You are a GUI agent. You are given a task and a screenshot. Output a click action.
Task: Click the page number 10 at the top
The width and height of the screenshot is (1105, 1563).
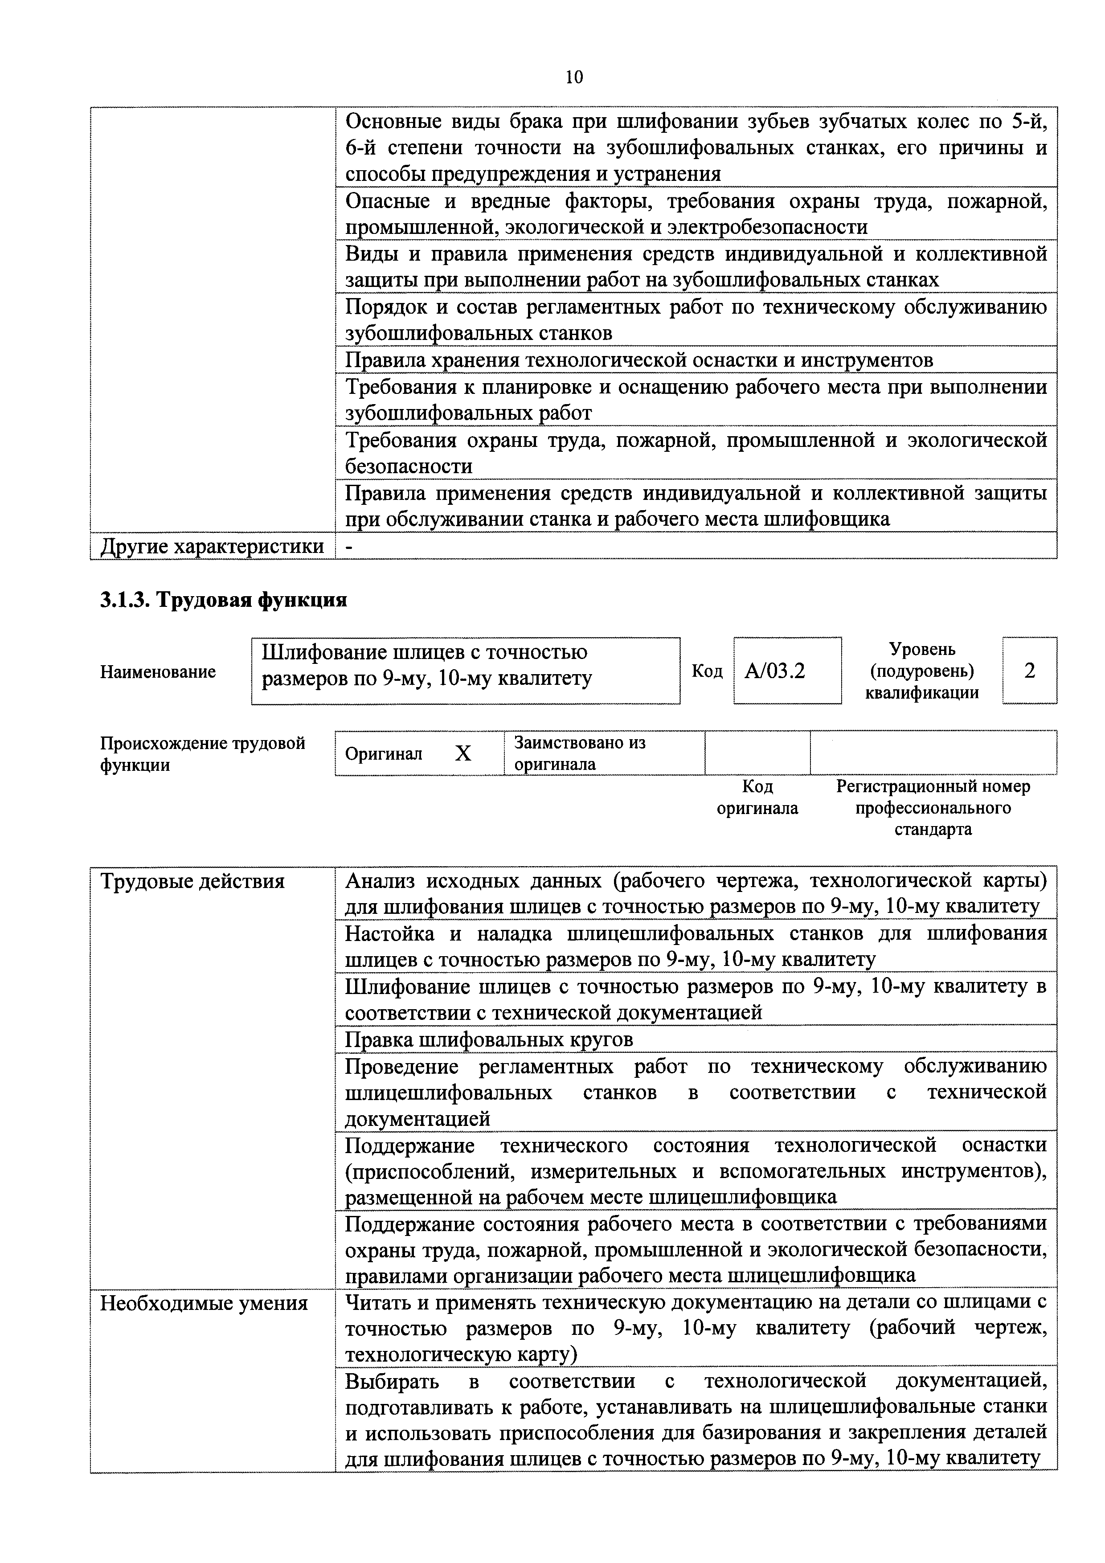tap(574, 78)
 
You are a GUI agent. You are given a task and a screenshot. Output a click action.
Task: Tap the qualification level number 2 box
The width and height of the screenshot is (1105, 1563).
tap(1029, 671)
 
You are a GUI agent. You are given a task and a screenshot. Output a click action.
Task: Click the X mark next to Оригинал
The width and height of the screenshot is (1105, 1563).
tap(463, 753)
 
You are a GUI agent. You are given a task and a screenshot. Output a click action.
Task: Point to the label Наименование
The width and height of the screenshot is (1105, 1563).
tap(158, 672)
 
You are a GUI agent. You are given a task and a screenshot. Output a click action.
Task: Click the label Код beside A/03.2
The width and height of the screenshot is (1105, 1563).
tap(707, 671)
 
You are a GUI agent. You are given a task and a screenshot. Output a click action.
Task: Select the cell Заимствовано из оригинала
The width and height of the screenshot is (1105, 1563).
tap(579, 753)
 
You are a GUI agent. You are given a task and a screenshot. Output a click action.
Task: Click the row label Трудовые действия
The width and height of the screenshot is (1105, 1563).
tap(192, 882)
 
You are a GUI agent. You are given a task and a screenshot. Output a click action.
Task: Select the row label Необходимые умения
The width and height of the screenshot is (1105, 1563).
tap(204, 1304)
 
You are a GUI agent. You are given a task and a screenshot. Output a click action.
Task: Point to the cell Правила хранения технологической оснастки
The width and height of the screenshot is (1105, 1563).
tap(638, 360)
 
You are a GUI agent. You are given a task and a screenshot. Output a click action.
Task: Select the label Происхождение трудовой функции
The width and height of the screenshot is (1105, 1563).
tap(203, 753)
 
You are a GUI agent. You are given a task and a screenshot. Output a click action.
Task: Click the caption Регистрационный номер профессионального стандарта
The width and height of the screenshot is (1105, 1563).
tap(933, 808)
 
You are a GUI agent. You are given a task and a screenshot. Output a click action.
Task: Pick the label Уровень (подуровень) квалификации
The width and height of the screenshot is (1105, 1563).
tap(922, 671)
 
